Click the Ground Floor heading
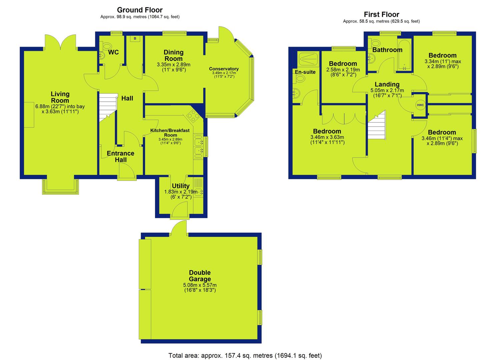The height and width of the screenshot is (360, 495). coord(140,10)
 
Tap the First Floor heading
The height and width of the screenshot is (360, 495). coord(381,15)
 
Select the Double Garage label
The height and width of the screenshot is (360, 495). coord(200,276)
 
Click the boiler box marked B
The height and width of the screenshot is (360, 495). coord(135,39)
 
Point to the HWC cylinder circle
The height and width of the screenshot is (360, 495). coord(420,105)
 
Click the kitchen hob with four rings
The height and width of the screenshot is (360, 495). coord(193,116)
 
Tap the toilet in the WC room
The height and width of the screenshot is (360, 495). coord(107,46)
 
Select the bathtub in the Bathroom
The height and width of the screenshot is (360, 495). coord(404,55)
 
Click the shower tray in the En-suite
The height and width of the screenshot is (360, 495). coord(308,59)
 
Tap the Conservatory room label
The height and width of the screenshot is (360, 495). coord(224,69)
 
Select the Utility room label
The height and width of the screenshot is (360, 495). coord(181,186)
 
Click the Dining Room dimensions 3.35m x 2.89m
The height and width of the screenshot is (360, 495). coord(173,65)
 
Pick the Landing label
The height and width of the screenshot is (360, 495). coord(387,84)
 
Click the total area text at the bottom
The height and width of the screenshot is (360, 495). coord(245,356)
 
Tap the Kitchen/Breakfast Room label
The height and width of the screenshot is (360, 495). coord(170,133)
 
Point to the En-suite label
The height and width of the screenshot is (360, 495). coord(305,72)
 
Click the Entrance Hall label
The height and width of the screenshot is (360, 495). coord(120,156)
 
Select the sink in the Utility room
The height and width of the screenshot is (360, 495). coord(198,192)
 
